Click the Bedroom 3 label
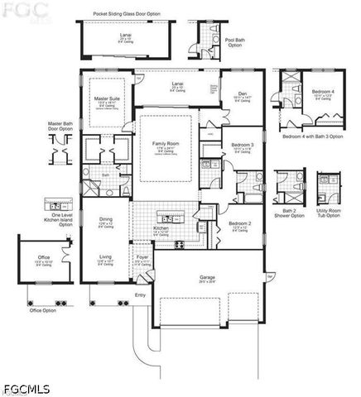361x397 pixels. tap(242, 144)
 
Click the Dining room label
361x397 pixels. tap(106, 220)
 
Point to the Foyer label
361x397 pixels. tap(142, 257)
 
